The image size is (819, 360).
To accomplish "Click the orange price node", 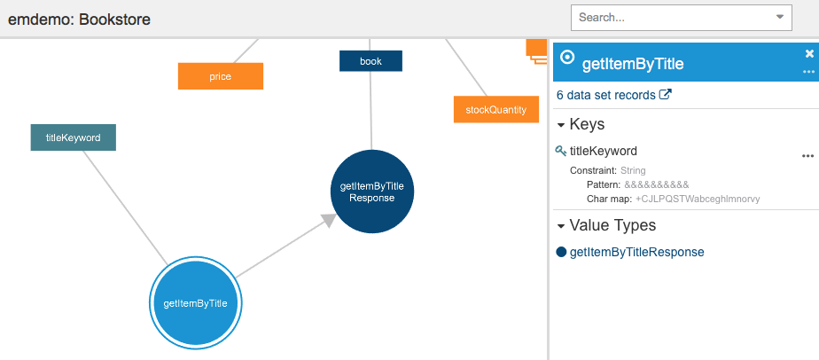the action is [x=221, y=76].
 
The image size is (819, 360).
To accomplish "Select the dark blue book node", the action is [x=370, y=61].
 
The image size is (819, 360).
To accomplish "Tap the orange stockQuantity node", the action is [x=496, y=110].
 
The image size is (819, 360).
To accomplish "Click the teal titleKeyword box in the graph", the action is [x=73, y=137].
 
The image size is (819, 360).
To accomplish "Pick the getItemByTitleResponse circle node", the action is [x=372, y=192].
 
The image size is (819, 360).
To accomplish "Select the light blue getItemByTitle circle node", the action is [x=195, y=302].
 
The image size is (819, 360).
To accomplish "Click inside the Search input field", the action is [x=671, y=17].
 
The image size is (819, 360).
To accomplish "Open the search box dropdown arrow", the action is [x=780, y=17].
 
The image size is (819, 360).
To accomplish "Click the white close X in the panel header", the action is [x=809, y=53].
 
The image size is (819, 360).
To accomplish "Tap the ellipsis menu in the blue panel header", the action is [x=808, y=72].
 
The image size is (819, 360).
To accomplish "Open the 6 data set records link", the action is [x=606, y=95].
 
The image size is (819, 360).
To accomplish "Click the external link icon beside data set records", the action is [x=666, y=95].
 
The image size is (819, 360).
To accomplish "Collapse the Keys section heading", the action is [x=581, y=124].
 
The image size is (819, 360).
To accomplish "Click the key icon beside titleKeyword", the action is [x=561, y=151].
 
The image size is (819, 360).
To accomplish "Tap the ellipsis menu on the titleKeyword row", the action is [x=807, y=156].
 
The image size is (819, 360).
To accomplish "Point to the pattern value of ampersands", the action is [x=657, y=185].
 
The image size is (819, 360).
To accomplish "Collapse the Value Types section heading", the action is [x=606, y=225].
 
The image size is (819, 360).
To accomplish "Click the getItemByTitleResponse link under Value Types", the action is [x=636, y=253].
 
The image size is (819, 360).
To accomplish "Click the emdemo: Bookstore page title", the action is [x=79, y=20].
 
